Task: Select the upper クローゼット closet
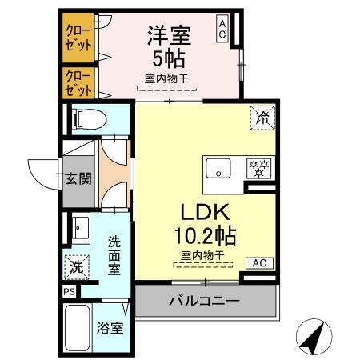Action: click(x=78, y=37)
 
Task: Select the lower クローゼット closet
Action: click(x=78, y=82)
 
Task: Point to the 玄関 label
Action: click(x=78, y=178)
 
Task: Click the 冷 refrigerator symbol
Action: click(x=262, y=116)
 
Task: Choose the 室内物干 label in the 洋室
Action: click(x=166, y=79)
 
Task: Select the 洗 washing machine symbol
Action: click(x=74, y=265)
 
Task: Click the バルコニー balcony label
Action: click(x=204, y=301)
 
